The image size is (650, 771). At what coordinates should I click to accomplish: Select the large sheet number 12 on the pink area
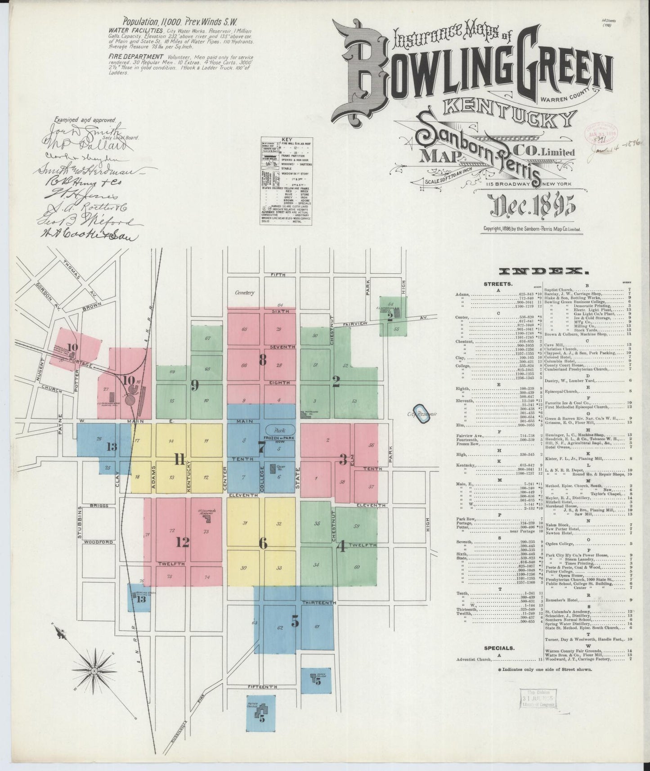coord(182,542)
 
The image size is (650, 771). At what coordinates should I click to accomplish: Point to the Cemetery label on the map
coord(244,292)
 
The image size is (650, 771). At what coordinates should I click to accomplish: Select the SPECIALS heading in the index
coord(498,648)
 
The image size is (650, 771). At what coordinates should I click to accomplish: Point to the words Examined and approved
coord(85,120)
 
